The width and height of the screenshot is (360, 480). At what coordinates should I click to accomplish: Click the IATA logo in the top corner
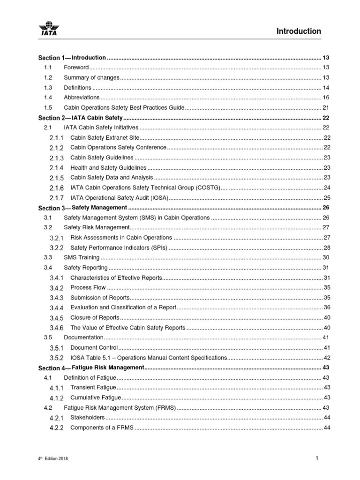[49, 29]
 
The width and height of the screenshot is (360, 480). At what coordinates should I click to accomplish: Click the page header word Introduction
[299, 31]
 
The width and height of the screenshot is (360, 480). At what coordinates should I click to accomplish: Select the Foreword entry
[76, 67]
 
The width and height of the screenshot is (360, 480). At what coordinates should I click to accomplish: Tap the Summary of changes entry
[91, 77]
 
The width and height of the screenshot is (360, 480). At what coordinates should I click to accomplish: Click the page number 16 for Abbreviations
[326, 97]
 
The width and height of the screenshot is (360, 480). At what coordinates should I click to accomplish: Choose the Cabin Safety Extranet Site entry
[105, 138]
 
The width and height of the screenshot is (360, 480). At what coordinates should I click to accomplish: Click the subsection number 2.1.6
[56, 188]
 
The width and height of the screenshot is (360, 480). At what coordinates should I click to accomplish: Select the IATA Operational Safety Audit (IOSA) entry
[119, 198]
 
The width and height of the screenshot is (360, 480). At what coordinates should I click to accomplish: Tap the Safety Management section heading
[99, 208]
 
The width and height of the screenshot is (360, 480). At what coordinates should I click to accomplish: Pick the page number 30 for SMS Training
[326, 257]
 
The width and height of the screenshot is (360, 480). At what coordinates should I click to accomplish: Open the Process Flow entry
[88, 287]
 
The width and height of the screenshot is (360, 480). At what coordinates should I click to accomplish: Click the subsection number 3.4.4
[56, 307]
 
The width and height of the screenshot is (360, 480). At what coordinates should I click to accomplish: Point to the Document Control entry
[93, 347]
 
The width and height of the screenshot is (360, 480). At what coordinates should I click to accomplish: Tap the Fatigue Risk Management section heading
[107, 367]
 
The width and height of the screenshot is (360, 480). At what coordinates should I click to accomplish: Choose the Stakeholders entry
[87, 417]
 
